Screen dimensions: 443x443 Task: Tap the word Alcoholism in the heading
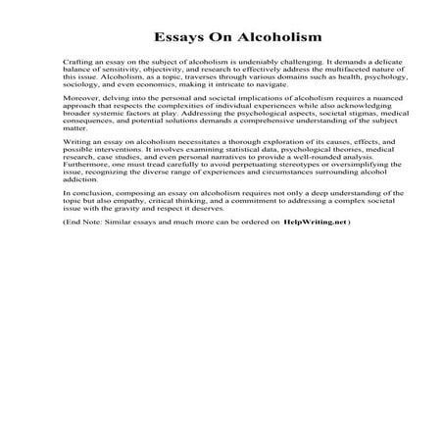tap(258, 38)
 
